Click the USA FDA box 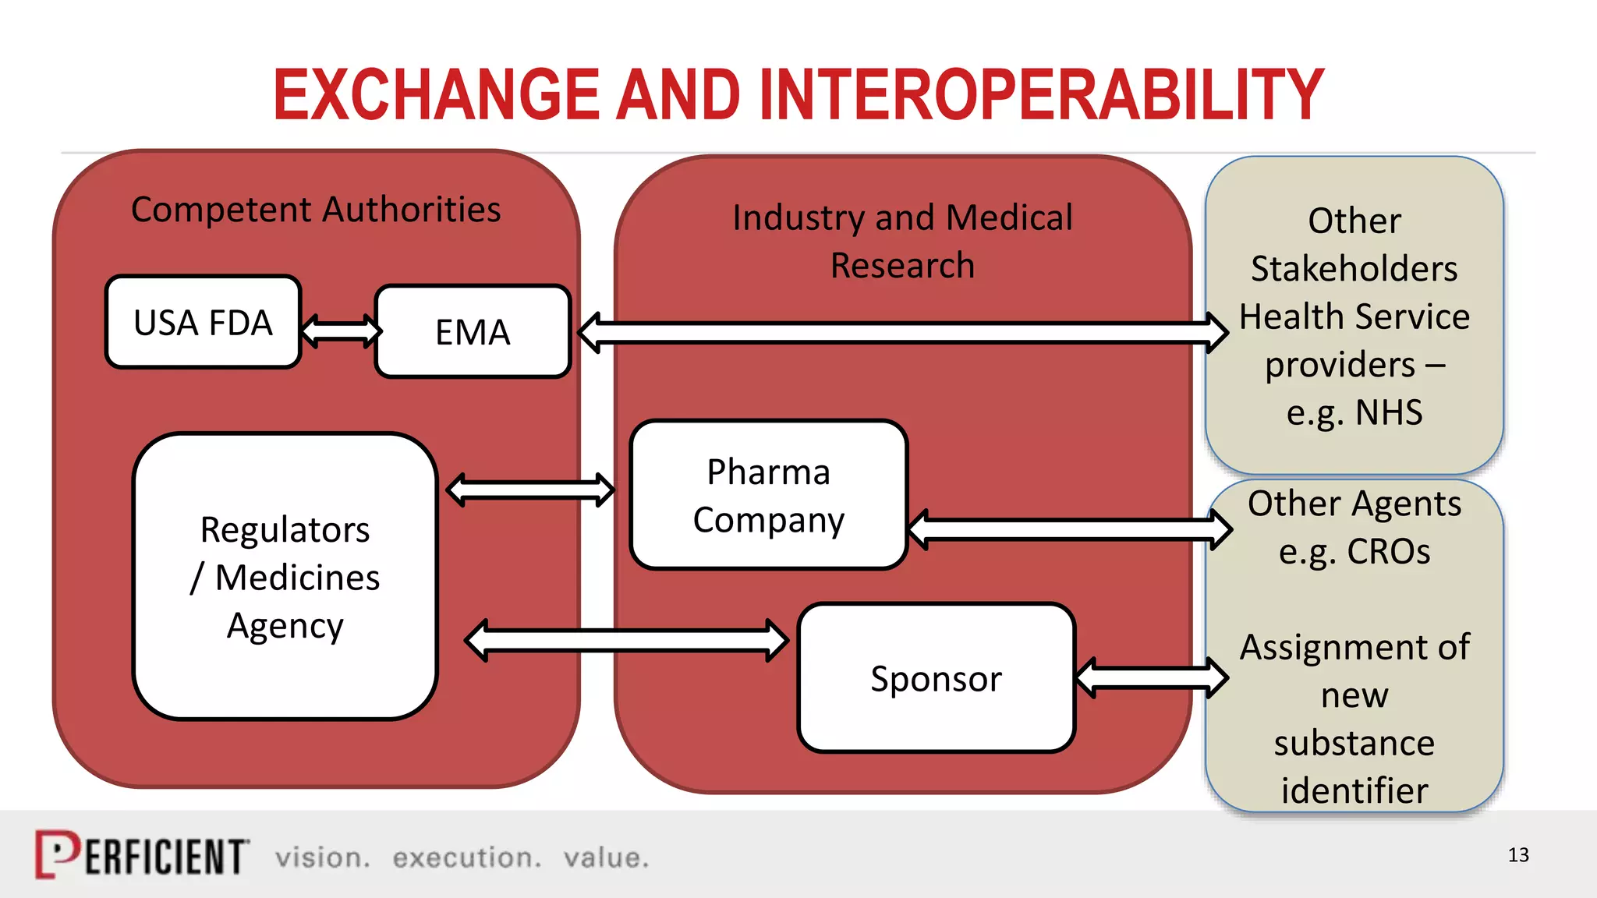coord(203,322)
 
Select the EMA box coord(473,332)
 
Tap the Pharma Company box coord(768,496)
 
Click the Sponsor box coord(936,678)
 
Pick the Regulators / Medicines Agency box coord(285,577)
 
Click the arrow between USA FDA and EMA coord(341,331)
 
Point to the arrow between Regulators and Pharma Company coord(530,490)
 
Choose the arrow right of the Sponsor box coord(1151,677)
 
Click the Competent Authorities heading coord(316,210)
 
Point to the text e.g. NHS coord(1354,412)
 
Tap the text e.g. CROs coord(1354,552)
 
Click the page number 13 coord(1517,855)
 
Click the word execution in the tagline coord(466,857)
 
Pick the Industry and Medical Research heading coord(902,241)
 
